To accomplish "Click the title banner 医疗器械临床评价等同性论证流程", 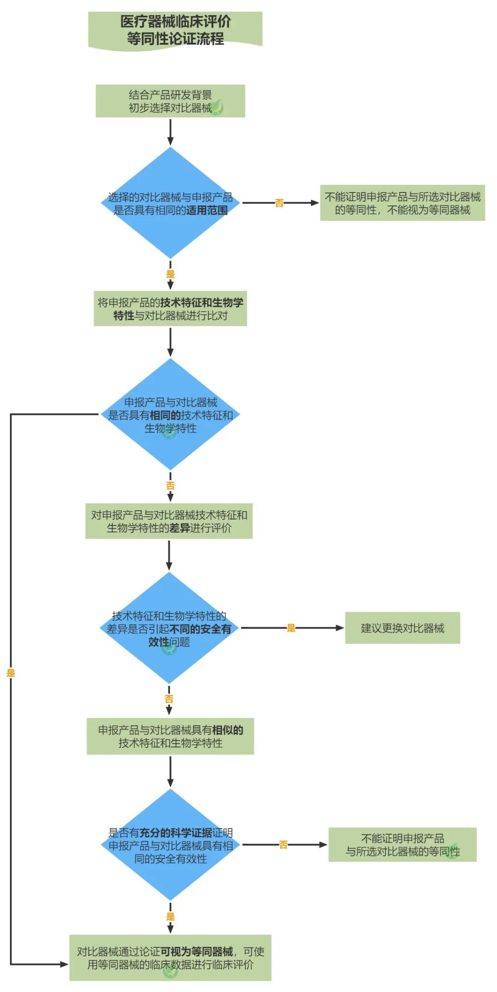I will (175, 30).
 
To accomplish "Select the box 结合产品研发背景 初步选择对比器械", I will (170, 101).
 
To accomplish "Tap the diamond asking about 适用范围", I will (170, 203).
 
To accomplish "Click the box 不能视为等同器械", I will (402, 203).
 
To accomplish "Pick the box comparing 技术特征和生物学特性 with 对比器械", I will (170, 309).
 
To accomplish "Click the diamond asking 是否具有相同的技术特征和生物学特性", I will (170, 414).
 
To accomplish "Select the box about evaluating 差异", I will (169, 521).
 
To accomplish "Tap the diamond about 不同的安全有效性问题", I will (169, 628).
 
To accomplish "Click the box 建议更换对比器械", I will (402, 628).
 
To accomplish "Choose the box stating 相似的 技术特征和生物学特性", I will (170, 736).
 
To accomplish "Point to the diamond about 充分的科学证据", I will (170, 845).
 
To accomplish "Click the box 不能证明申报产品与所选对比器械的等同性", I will (402, 845).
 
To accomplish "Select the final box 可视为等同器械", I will (170, 958).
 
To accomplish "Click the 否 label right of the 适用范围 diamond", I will (279, 203).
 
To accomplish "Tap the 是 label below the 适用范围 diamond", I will (170, 274).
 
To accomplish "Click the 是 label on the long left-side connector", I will (11, 673).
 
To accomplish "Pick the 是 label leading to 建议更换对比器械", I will (291, 628).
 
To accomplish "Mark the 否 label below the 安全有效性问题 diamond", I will (169, 699).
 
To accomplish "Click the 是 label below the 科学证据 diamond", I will (170, 916).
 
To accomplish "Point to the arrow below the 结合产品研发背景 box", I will (170, 132).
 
